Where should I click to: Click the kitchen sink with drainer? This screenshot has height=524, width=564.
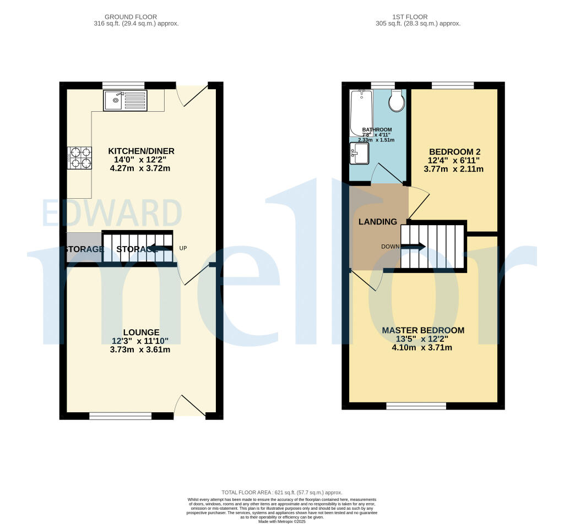point(126,100)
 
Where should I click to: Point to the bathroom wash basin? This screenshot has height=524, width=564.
point(359,154)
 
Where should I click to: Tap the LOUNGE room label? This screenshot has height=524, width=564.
point(141,332)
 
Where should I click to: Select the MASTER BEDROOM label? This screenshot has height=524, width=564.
point(423,330)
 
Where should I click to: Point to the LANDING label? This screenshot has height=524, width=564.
point(377,222)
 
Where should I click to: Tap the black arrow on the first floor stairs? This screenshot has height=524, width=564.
point(414,247)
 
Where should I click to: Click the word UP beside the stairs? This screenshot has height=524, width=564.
point(183,248)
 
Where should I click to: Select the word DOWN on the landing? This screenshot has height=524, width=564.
point(390,247)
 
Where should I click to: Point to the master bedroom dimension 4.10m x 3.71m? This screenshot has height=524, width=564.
point(422,347)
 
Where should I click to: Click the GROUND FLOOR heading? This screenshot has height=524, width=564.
point(137,17)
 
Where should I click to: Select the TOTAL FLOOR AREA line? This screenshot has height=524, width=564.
point(281,492)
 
